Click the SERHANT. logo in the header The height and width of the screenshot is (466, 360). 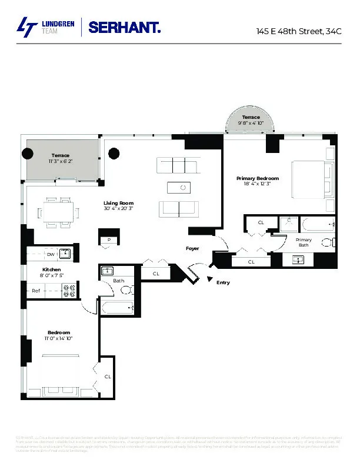click(x=124, y=27)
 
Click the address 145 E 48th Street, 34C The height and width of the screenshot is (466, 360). click(x=298, y=31)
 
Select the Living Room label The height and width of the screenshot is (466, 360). click(x=118, y=203)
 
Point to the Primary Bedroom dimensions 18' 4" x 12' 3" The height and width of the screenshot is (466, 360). click(x=257, y=184)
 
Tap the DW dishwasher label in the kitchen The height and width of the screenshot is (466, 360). click(x=51, y=254)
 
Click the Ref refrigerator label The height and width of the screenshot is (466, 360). click(x=36, y=291)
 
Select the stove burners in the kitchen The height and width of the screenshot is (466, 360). click(x=69, y=290)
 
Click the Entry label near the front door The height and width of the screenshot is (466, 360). click(x=223, y=283)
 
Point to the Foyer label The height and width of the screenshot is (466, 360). click(x=192, y=248)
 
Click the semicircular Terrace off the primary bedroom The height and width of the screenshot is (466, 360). click(x=250, y=121)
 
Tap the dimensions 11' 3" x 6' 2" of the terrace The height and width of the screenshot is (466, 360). click(x=61, y=161)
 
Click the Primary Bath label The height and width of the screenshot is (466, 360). click(x=304, y=242)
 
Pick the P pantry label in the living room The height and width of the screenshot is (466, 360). click(x=109, y=239)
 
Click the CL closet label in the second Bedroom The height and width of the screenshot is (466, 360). click(x=108, y=376)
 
